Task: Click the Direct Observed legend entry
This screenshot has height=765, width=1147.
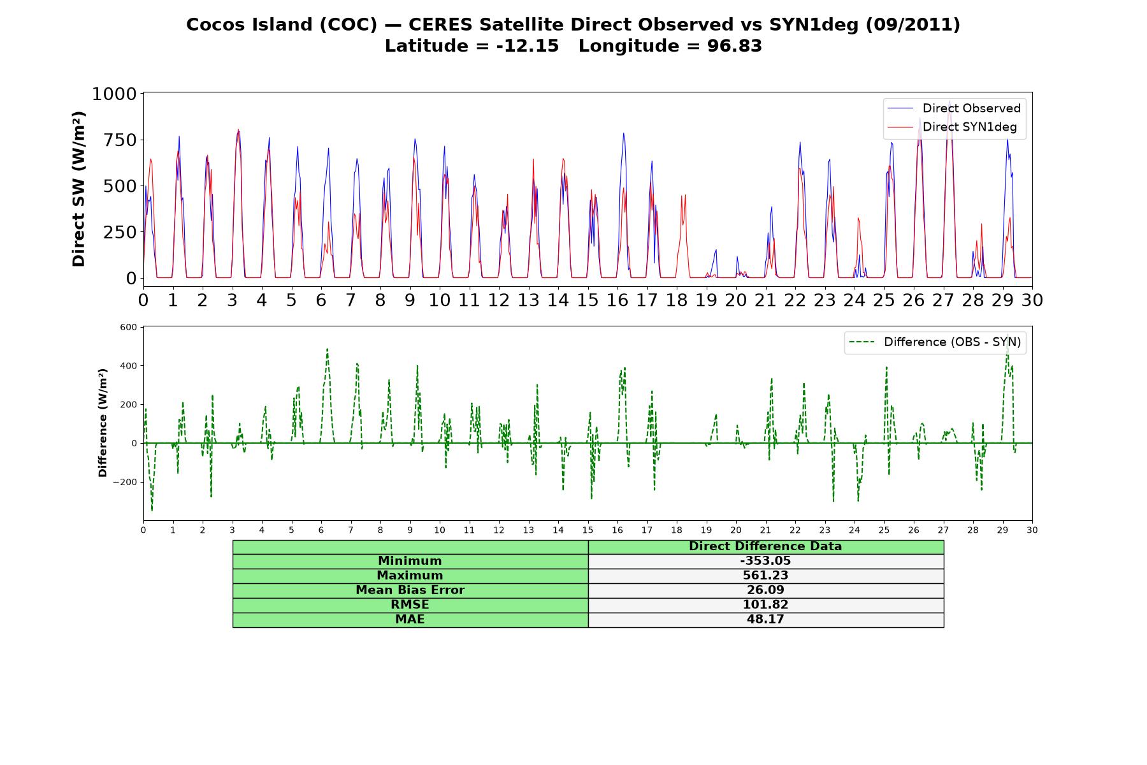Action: [x=954, y=108]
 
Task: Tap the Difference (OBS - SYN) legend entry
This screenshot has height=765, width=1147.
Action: [x=935, y=342]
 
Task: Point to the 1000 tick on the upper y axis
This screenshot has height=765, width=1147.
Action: [x=115, y=94]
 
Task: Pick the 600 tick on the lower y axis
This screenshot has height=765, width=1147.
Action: [x=129, y=328]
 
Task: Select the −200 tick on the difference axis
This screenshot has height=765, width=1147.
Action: [x=125, y=482]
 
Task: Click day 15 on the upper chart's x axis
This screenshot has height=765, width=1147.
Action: [x=588, y=300]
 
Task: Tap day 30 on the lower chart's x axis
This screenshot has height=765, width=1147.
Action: [x=1032, y=530]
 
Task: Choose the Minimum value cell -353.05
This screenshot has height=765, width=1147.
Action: [x=765, y=561]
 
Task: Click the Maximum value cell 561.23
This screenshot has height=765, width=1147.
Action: [x=765, y=576]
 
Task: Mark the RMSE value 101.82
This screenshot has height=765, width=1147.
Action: [x=765, y=605]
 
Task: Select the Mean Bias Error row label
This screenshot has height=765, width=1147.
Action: [x=410, y=590]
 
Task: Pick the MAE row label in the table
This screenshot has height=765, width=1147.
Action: [x=410, y=620]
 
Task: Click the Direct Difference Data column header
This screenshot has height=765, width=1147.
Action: [x=765, y=546]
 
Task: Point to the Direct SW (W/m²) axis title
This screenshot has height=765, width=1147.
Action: [x=78, y=189]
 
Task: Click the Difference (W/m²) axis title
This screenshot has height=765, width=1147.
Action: [x=103, y=423]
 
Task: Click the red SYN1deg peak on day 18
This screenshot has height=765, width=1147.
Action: [x=683, y=195]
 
